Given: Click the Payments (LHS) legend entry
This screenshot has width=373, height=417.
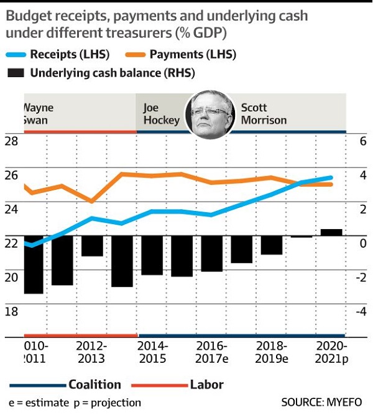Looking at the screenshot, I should (198, 54).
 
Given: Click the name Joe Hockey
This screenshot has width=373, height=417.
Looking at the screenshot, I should (161, 114).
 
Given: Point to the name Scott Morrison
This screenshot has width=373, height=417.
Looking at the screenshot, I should (264, 114).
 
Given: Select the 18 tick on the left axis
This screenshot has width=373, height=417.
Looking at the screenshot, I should (12, 311).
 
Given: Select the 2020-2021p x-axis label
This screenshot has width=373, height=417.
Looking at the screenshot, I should (332, 352).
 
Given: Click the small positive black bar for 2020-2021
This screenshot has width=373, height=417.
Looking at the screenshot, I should (331, 232).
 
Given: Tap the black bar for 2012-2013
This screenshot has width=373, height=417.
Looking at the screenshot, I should (92, 246).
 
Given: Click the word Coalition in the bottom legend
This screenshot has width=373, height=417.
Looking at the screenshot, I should (94, 384).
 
